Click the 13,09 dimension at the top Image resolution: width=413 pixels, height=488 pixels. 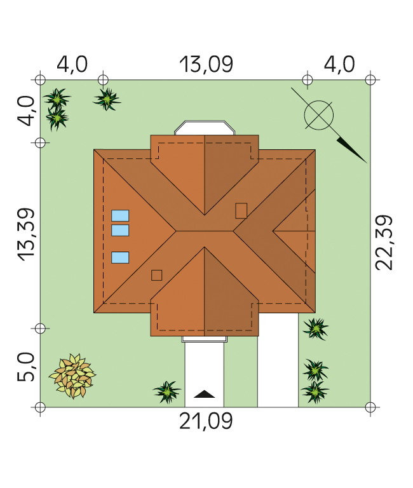[x=206, y=65]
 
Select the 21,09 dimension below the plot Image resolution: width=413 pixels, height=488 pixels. [x=206, y=421]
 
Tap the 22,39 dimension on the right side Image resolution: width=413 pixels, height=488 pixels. [x=384, y=243]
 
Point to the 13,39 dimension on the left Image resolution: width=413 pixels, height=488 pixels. [x=25, y=234]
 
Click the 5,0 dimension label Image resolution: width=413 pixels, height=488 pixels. [x=25, y=367]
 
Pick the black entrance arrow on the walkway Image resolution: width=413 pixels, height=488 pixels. [x=204, y=394]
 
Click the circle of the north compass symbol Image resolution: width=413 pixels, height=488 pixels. [x=319, y=115]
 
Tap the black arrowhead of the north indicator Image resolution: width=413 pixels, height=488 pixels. [x=352, y=151]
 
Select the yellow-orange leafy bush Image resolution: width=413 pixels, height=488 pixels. [x=73, y=376]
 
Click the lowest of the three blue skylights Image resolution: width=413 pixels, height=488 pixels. [x=120, y=258]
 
